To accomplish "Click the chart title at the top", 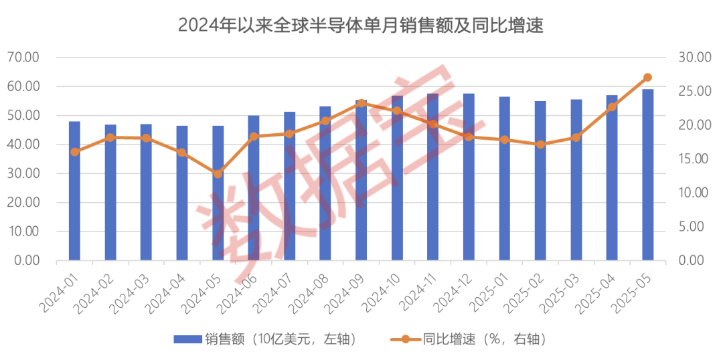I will click(361, 26).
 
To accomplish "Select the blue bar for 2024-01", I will click(74, 191).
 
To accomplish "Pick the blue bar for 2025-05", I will click(648, 175).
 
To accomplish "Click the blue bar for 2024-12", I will click(469, 177).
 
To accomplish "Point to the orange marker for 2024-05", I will click(218, 174).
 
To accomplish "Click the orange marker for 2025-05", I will click(647, 78).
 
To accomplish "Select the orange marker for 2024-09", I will click(361, 103).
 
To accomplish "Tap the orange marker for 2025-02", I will click(540, 144).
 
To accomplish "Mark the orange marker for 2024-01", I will click(74, 152).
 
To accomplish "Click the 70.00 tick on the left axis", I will click(23, 58).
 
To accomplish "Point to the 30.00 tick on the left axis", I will click(23, 173).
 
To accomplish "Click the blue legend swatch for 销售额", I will click(187, 339).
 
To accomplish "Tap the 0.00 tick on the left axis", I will click(25, 260).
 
